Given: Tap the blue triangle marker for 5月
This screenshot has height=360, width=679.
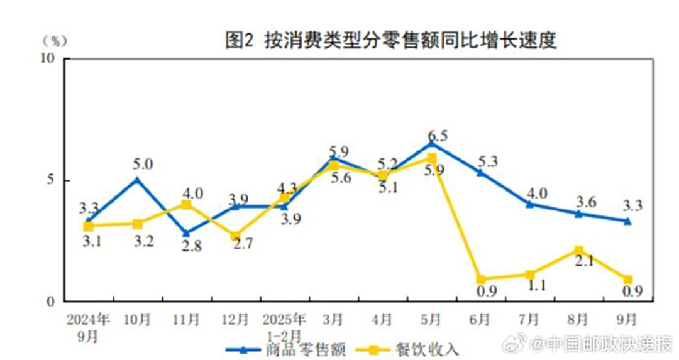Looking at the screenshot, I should (431, 143).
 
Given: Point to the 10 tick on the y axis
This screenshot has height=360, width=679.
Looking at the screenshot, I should (48, 58).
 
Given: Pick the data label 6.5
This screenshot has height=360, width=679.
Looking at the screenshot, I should (438, 136).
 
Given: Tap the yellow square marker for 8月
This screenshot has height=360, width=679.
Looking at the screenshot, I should (578, 251).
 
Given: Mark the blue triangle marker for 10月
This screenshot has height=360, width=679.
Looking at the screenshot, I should (137, 180).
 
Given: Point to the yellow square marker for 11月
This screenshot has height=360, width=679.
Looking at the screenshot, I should (186, 205).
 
